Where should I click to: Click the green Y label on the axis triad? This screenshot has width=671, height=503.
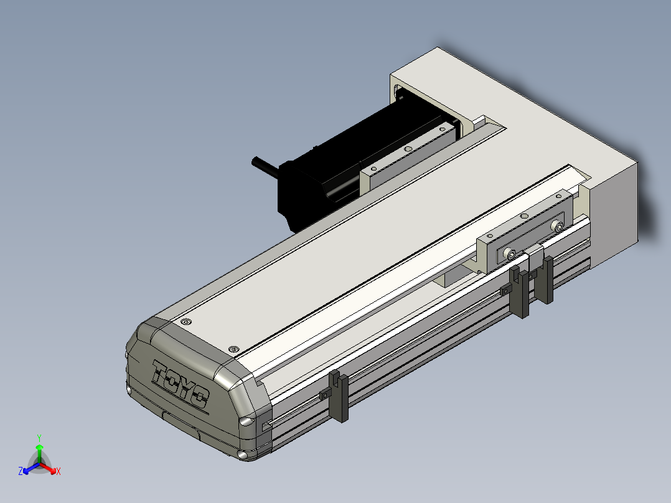39,438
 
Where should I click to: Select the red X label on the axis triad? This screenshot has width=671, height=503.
59,471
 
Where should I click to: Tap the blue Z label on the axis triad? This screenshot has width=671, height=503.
21,471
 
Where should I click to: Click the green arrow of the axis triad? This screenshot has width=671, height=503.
39,453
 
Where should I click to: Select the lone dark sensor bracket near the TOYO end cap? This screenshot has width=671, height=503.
338,397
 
